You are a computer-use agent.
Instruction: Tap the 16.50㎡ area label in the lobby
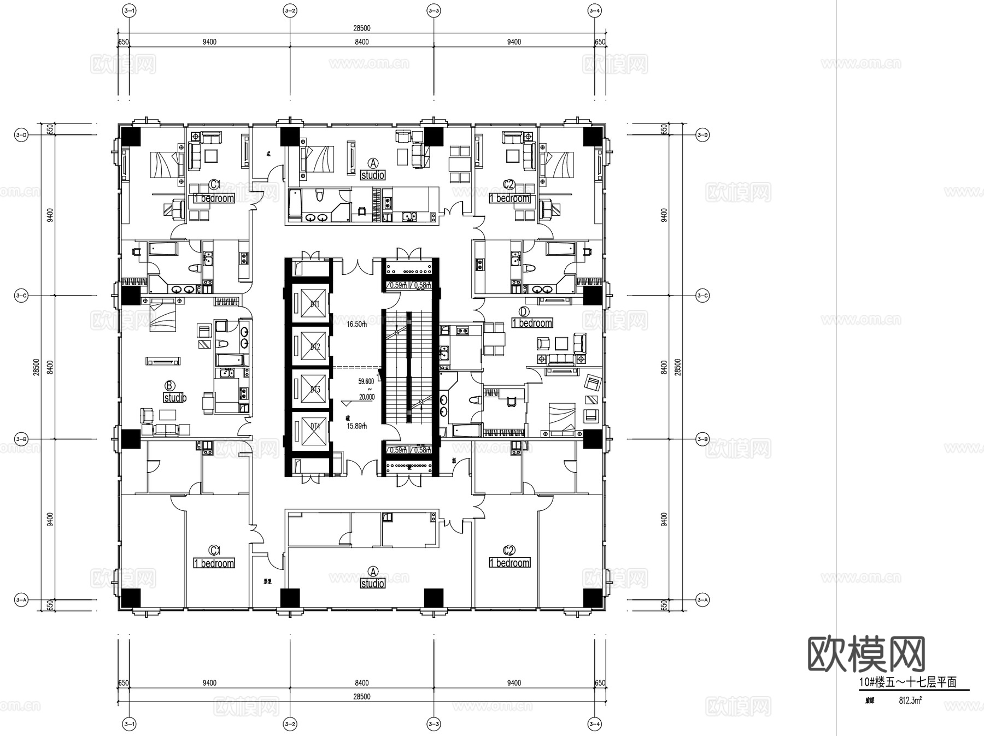click(x=356, y=324)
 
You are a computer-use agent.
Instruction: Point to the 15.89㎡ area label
click(x=356, y=426)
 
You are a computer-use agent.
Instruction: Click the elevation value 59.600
click(x=366, y=381)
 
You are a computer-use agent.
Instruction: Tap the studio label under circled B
click(x=175, y=398)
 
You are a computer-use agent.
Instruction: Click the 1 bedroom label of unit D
click(x=532, y=323)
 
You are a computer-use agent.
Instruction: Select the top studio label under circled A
click(x=372, y=175)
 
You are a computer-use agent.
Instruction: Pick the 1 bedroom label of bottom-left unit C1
click(x=214, y=563)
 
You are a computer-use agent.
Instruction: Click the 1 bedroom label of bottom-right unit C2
click(x=509, y=563)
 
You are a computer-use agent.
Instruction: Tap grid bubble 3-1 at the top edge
click(x=130, y=10)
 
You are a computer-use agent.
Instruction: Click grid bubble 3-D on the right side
click(x=702, y=134)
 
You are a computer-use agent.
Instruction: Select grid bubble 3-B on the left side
click(x=21, y=439)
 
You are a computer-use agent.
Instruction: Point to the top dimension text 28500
click(x=361, y=28)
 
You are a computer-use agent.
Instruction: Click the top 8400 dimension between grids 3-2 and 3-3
click(x=361, y=42)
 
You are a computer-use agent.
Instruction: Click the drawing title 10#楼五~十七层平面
click(x=907, y=682)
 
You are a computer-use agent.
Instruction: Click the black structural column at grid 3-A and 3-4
click(x=592, y=598)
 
